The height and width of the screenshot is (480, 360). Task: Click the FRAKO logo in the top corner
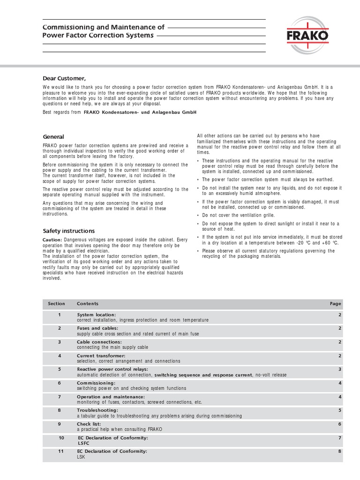(x=307, y=35)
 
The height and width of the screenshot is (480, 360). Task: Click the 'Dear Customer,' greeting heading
(x=65, y=78)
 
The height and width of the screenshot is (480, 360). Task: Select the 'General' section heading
(x=53, y=136)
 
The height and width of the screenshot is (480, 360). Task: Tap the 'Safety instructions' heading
(x=68, y=231)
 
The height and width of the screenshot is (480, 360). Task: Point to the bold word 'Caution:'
(x=52, y=240)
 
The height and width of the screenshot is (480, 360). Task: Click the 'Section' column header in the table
(x=56, y=304)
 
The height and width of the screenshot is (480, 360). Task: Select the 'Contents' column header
(x=88, y=304)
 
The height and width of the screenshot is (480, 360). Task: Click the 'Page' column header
(x=335, y=304)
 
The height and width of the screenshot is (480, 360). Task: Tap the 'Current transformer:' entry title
(x=101, y=356)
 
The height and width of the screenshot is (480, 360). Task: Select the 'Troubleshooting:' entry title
(x=97, y=410)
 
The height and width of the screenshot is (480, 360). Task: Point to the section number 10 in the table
(x=61, y=438)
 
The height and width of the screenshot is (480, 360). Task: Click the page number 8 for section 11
(x=339, y=451)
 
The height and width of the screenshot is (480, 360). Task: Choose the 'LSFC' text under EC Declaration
(x=84, y=443)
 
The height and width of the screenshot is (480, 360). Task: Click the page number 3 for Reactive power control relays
(x=339, y=369)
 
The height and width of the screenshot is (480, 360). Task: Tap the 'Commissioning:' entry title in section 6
(x=96, y=383)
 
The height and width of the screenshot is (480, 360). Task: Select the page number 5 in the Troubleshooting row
(x=339, y=410)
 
